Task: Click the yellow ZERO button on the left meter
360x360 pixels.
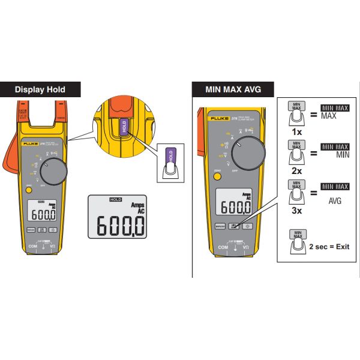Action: [28, 190]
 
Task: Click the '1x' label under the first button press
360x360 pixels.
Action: [295, 131]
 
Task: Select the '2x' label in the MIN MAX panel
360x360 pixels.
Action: [295, 170]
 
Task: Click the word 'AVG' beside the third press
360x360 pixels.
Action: [335, 201]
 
